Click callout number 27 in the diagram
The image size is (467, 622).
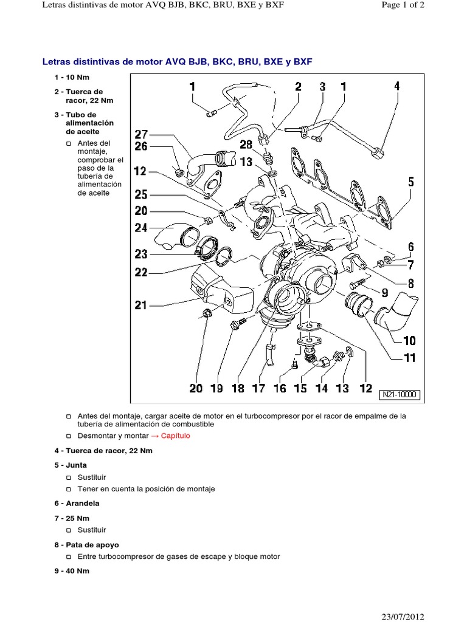141,134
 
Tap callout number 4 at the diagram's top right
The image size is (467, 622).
396,86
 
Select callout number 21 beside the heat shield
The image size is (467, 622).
141,305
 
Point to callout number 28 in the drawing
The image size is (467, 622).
246,144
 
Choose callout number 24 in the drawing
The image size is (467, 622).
141,228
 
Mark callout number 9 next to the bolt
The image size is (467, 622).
384,292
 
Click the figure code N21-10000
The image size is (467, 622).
400,394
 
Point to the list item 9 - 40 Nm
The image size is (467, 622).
72,570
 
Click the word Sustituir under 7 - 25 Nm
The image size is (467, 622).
92,530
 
